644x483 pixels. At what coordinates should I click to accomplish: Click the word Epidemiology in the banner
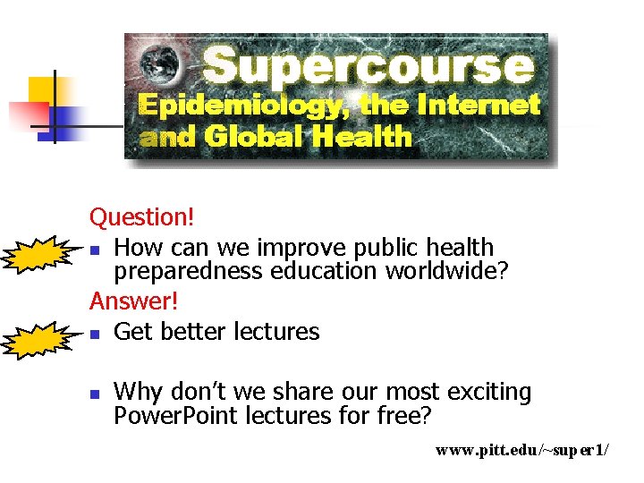click(x=246, y=106)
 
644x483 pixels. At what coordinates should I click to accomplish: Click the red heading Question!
click(x=142, y=216)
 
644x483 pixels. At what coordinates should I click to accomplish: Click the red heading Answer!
click(x=133, y=301)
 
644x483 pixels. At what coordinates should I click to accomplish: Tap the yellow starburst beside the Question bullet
click(x=37, y=255)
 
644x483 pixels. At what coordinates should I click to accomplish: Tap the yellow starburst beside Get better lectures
click(x=37, y=339)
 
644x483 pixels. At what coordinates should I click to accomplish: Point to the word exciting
click(x=488, y=392)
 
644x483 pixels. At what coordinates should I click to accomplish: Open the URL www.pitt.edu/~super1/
click(x=521, y=450)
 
